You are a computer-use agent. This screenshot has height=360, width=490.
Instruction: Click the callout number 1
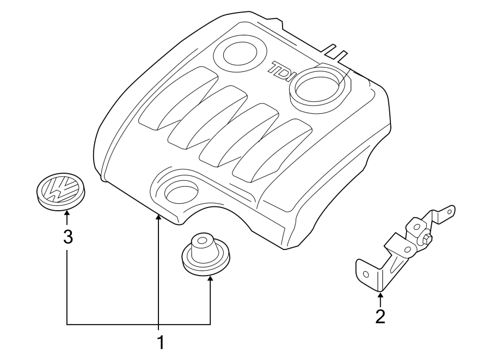(160, 343)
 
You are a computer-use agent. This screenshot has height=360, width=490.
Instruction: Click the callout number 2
(380, 316)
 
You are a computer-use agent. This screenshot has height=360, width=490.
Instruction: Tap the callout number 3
(68, 237)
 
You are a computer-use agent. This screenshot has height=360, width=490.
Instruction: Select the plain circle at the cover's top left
(237, 54)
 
